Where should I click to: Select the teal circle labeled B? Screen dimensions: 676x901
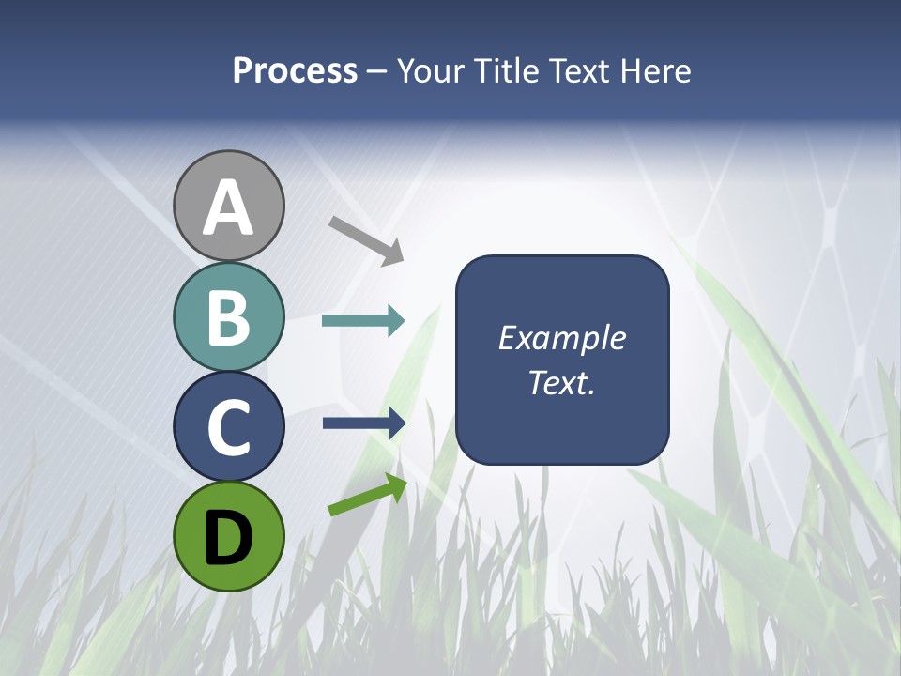(228, 316)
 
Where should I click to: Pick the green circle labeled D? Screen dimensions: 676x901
(228, 536)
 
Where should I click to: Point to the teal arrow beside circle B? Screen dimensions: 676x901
(363, 321)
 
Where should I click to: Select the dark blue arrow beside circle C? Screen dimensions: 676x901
(364, 423)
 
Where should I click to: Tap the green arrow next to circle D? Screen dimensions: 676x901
(367, 496)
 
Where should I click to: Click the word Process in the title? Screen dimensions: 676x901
(295, 71)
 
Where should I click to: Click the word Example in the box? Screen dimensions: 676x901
(562, 338)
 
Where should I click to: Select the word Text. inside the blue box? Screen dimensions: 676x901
(562, 382)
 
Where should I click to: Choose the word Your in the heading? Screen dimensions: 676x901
(431, 71)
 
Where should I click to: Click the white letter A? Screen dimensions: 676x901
(228, 207)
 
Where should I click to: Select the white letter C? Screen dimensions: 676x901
(228, 427)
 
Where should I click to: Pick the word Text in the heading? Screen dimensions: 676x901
(579, 71)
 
